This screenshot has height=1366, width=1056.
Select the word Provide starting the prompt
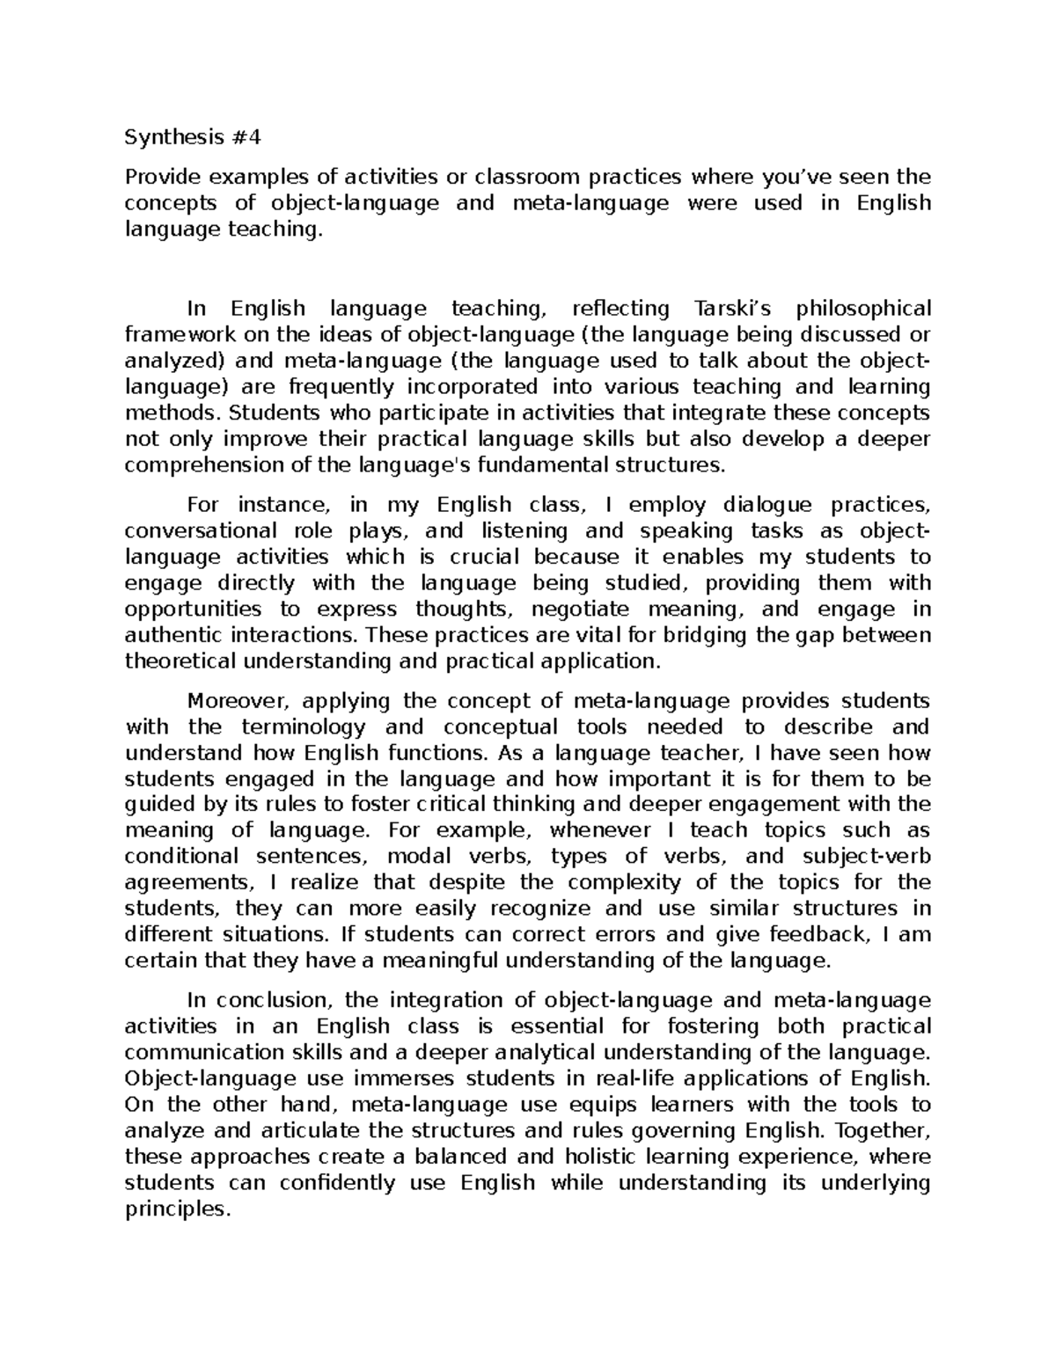pyautogui.click(x=158, y=178)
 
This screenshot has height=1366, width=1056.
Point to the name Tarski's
pyautogui.click(x=733, y=309)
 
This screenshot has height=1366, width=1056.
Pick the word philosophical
pyautogui.click(x=863, y=309)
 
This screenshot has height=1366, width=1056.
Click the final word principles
pyautogui.click(x=176, y=1209)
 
